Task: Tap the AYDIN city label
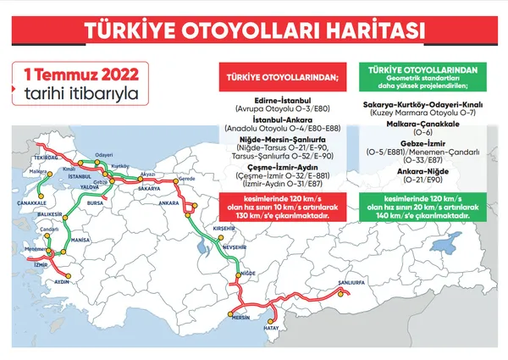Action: (x=61, y=280)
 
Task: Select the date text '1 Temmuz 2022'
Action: (x=76, y=75)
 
